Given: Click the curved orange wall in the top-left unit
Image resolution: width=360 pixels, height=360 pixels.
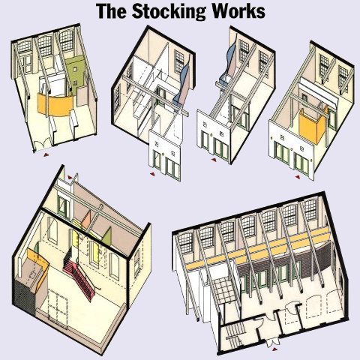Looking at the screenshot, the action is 55,104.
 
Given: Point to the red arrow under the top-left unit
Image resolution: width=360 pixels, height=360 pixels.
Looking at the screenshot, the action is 46,155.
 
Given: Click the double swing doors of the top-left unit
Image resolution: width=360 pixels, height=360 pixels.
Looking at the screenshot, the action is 41,145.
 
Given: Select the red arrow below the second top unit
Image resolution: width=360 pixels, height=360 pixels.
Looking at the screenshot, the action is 152,174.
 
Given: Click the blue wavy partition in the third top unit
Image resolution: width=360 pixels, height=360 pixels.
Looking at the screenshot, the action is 229,62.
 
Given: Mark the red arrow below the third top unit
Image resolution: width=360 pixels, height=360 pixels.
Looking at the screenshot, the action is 214,160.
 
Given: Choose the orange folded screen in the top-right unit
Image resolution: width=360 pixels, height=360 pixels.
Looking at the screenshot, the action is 313,125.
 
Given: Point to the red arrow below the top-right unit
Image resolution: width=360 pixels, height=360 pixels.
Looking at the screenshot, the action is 297,177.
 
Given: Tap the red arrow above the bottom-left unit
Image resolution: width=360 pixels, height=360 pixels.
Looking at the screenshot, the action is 70,178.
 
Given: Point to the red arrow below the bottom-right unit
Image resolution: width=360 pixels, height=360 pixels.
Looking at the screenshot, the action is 275,349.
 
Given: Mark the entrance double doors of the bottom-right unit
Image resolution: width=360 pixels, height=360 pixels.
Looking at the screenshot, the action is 271,342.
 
